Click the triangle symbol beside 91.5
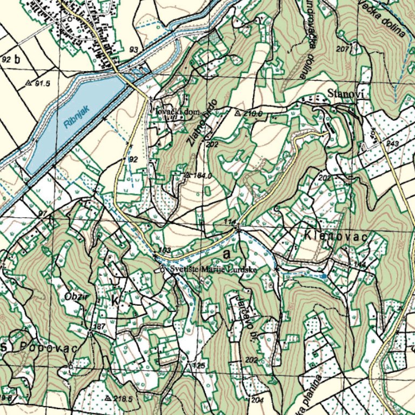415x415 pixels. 29,83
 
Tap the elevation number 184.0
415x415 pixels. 201,176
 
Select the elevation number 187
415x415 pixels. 99,327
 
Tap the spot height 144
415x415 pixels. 360,264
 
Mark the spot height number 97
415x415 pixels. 43,215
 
